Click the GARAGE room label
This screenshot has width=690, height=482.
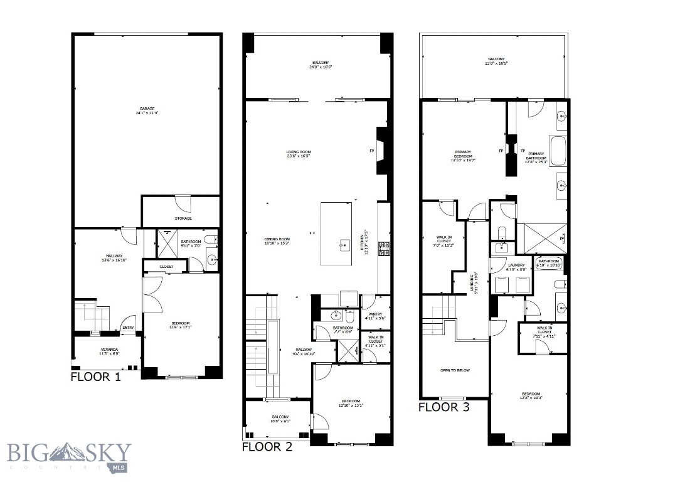147,110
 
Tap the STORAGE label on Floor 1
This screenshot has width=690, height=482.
183,218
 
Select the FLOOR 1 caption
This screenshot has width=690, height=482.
96,377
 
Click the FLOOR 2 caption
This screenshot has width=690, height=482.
267,447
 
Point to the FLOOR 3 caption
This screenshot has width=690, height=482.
443,407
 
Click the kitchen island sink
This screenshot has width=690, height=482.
344,245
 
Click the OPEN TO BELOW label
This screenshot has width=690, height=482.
455,370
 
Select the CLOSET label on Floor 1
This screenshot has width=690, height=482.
166,267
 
